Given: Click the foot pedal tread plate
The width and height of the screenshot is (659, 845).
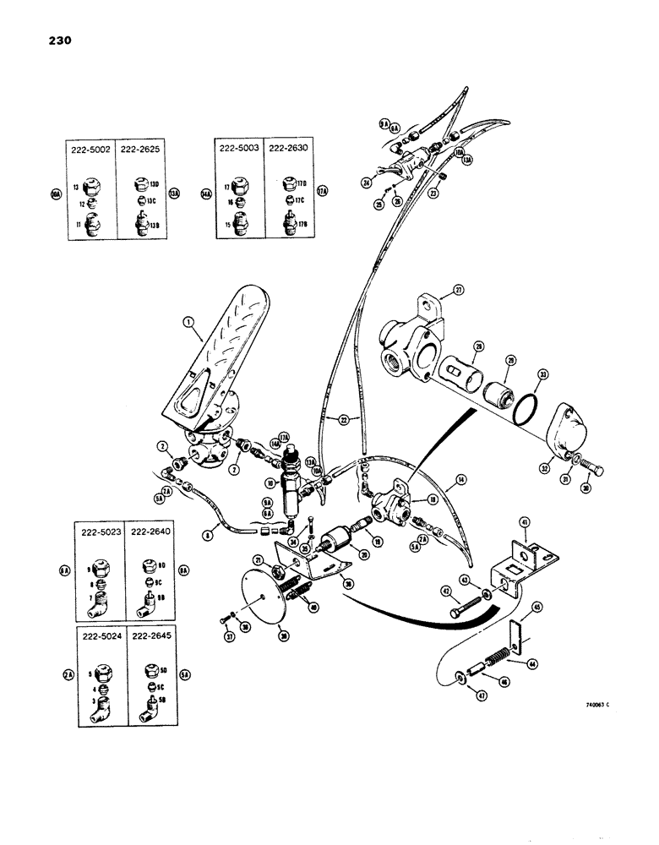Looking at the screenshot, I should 211,346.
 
